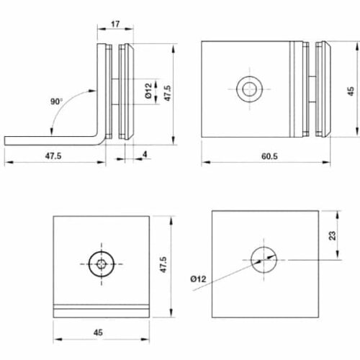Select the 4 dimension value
(x=146, y=153)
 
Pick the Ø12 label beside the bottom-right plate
(x=199, y=278)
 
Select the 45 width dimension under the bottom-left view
(x=101, y=333)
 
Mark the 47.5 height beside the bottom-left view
(x=164, y=265)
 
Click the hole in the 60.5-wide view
(x=249, y=90)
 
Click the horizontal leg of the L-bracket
(x=50, y=140)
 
